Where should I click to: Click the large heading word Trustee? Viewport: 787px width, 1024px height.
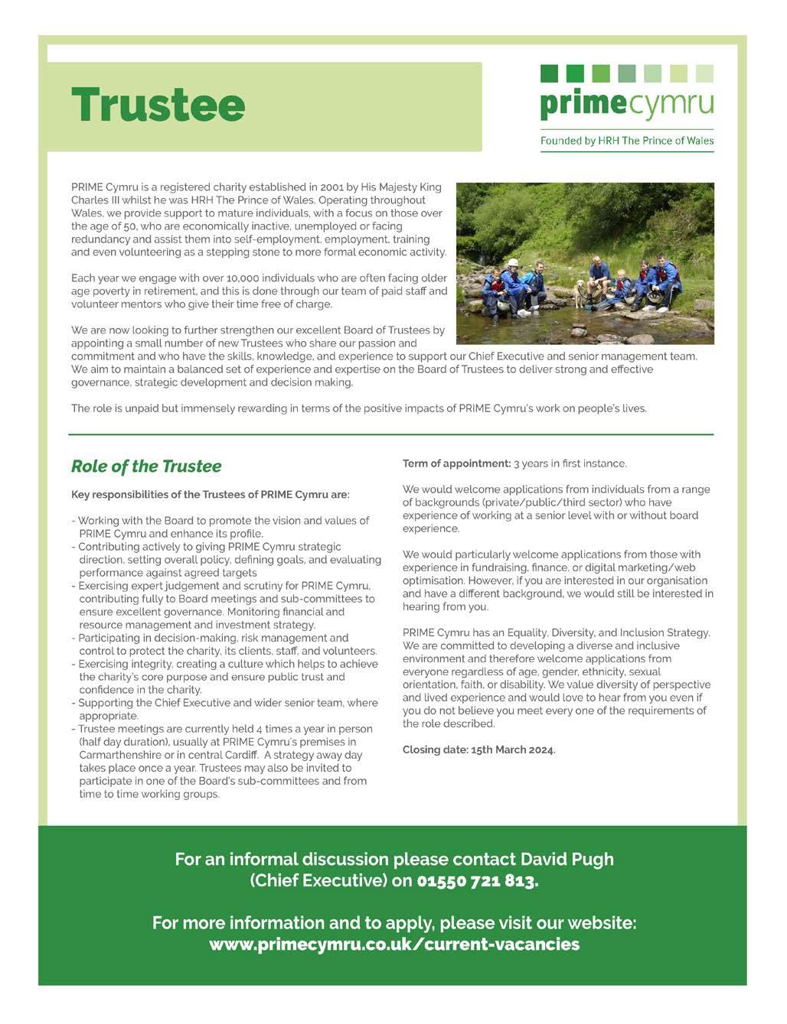click(158, 105)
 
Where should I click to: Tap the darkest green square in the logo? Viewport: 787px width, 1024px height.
click(549, 73)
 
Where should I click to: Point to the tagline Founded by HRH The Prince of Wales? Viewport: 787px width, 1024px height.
click(626, 141)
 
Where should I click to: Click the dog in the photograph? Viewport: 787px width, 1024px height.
click(583, 291)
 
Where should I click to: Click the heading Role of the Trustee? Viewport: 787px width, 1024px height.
click(146, 466)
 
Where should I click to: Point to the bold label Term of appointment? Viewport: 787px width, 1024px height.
click(456, 463)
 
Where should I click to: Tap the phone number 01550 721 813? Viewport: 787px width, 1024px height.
click(477, 881)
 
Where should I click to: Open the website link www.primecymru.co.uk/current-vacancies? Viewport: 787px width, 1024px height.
click(394, 944)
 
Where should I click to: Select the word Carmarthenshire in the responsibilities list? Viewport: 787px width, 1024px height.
click(121, 755)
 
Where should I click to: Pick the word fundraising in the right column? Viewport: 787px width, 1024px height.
click(498, 567)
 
